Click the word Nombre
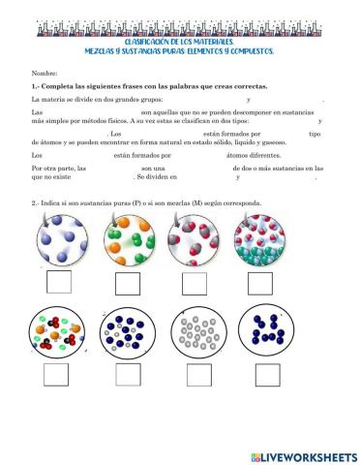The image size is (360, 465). pos(45,74)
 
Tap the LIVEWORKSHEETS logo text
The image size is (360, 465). pos(309,455)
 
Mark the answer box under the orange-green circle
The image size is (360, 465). pos(128,284)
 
